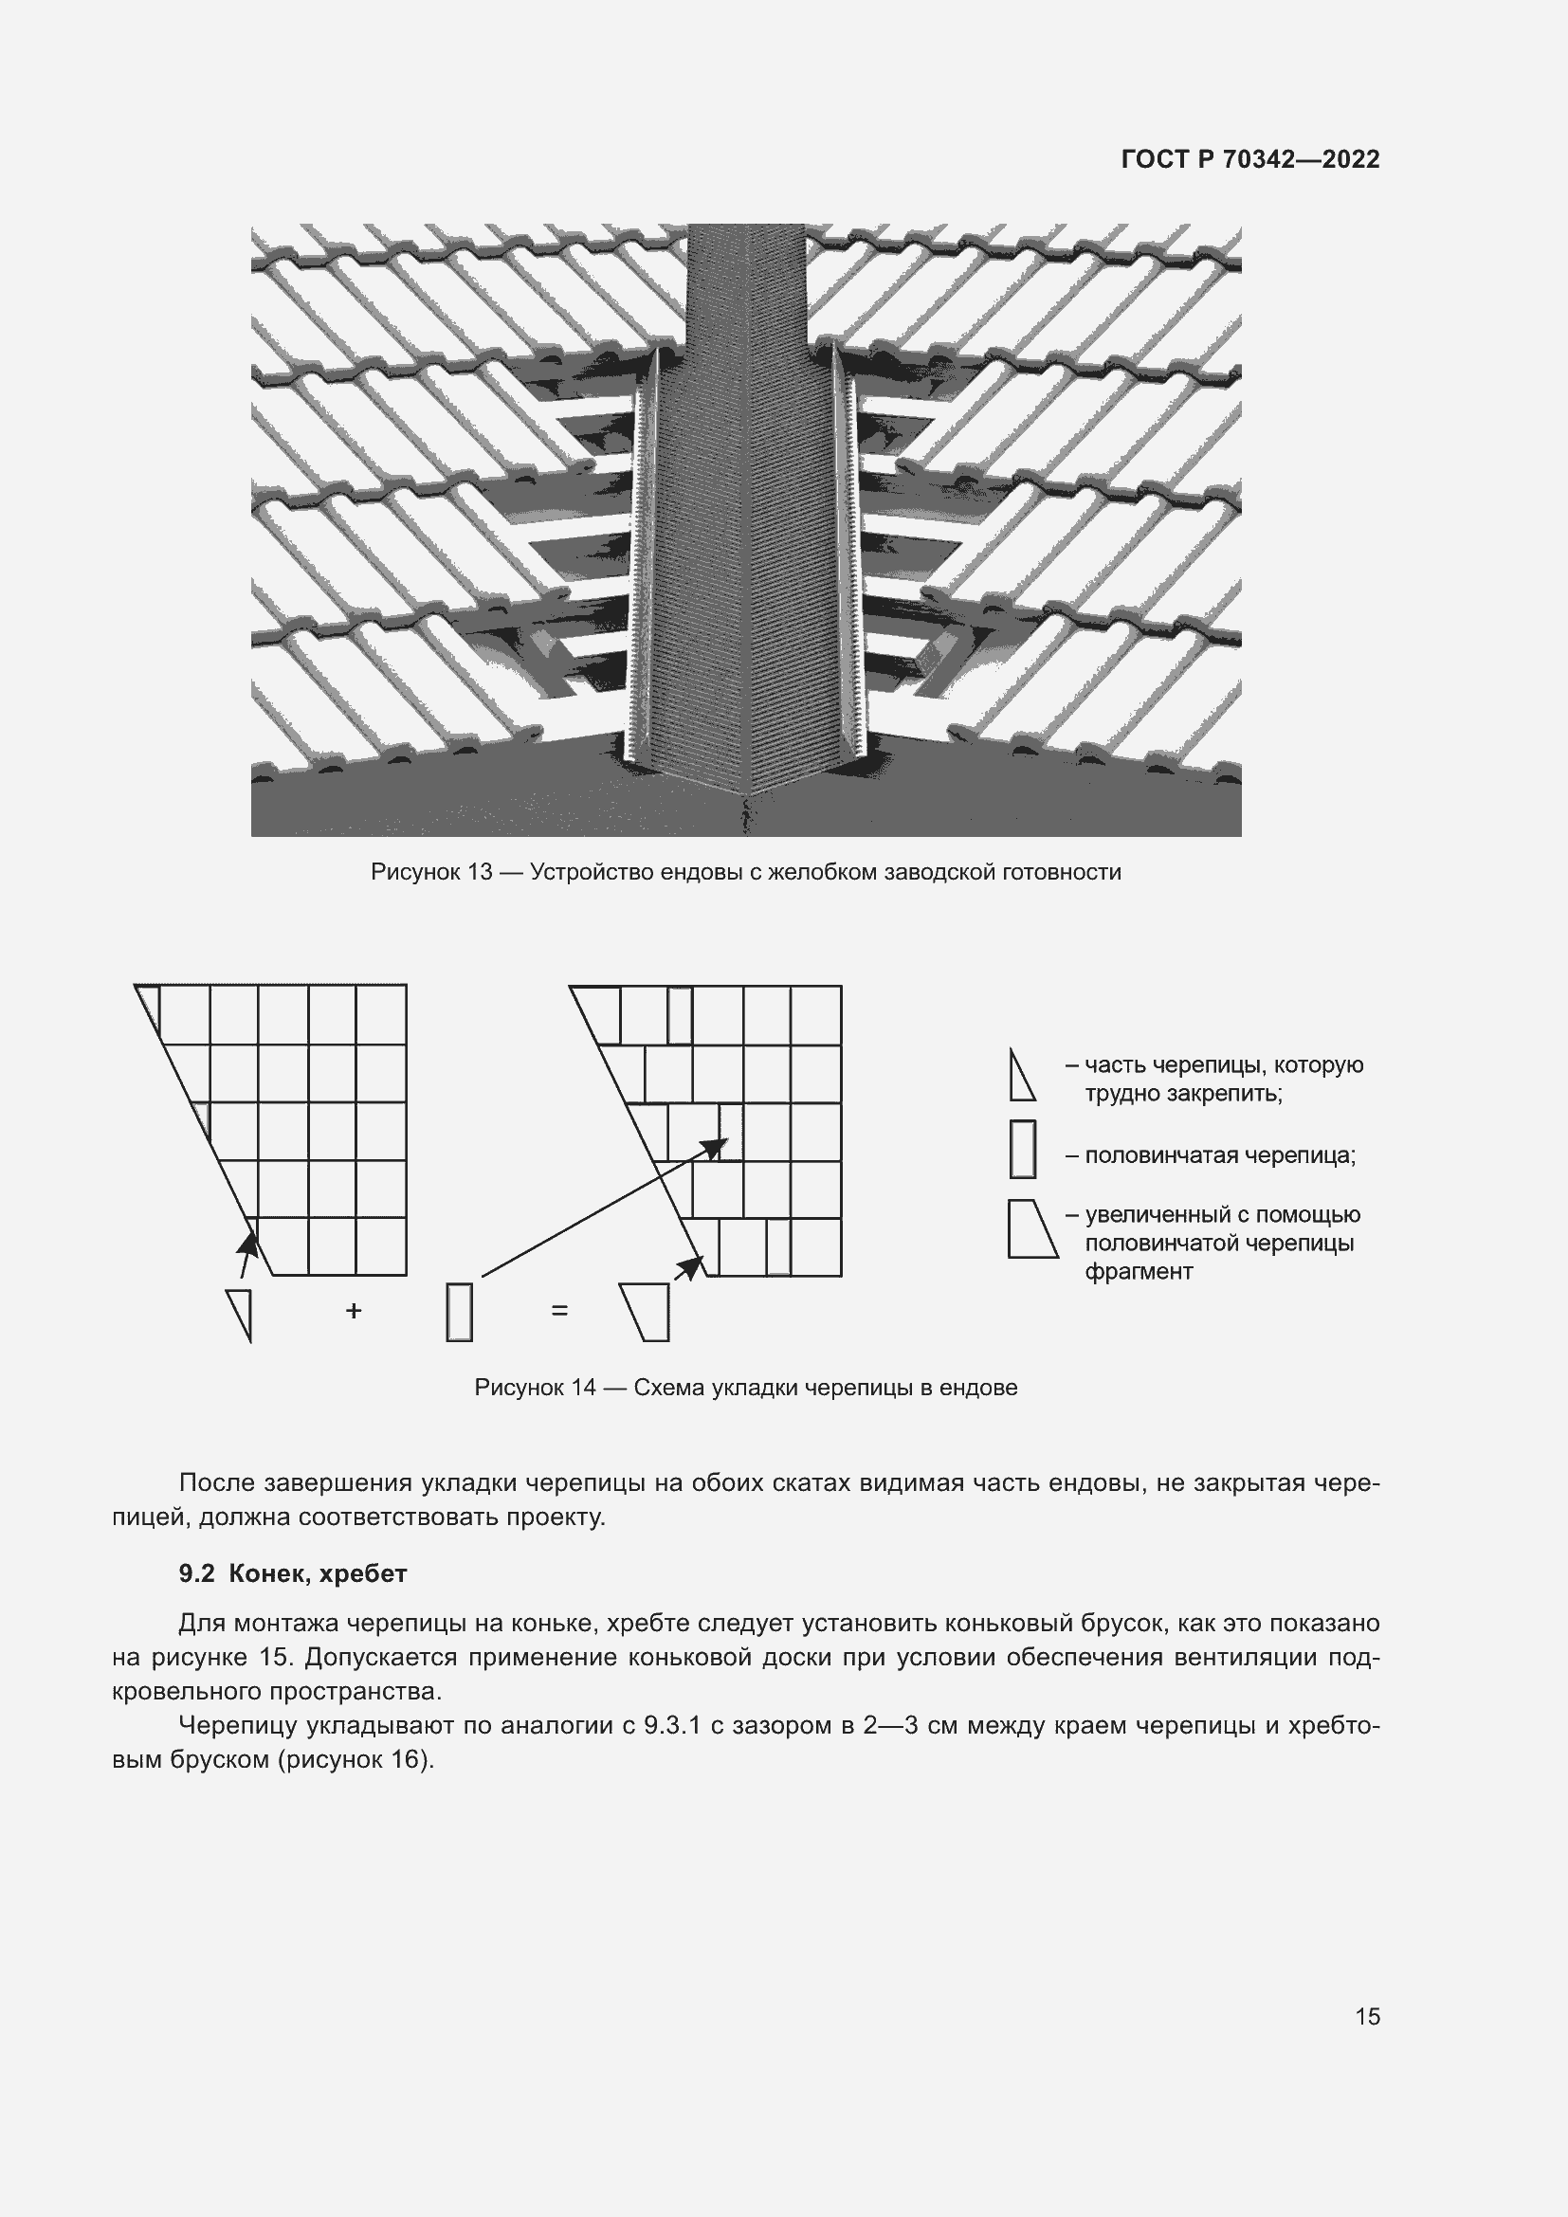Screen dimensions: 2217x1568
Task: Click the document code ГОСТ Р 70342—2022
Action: (1250, 159)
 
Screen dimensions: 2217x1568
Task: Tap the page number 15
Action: (1367, 2016)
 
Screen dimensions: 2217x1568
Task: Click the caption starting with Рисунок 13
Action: (745, 872)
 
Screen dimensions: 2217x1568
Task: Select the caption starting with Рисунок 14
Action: (745, 1388)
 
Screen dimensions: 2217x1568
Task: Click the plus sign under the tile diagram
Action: (354, 1310)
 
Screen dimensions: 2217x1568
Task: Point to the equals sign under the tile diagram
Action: (559, 1310)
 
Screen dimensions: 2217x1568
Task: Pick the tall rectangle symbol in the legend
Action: (1023, 1149)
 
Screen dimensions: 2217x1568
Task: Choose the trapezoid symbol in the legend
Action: (1031, 1229)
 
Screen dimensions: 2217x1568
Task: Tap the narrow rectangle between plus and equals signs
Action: (460, 1311)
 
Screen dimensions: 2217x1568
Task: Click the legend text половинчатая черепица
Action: (1219, 1155)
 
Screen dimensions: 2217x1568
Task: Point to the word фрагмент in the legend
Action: (1139, 1272)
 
